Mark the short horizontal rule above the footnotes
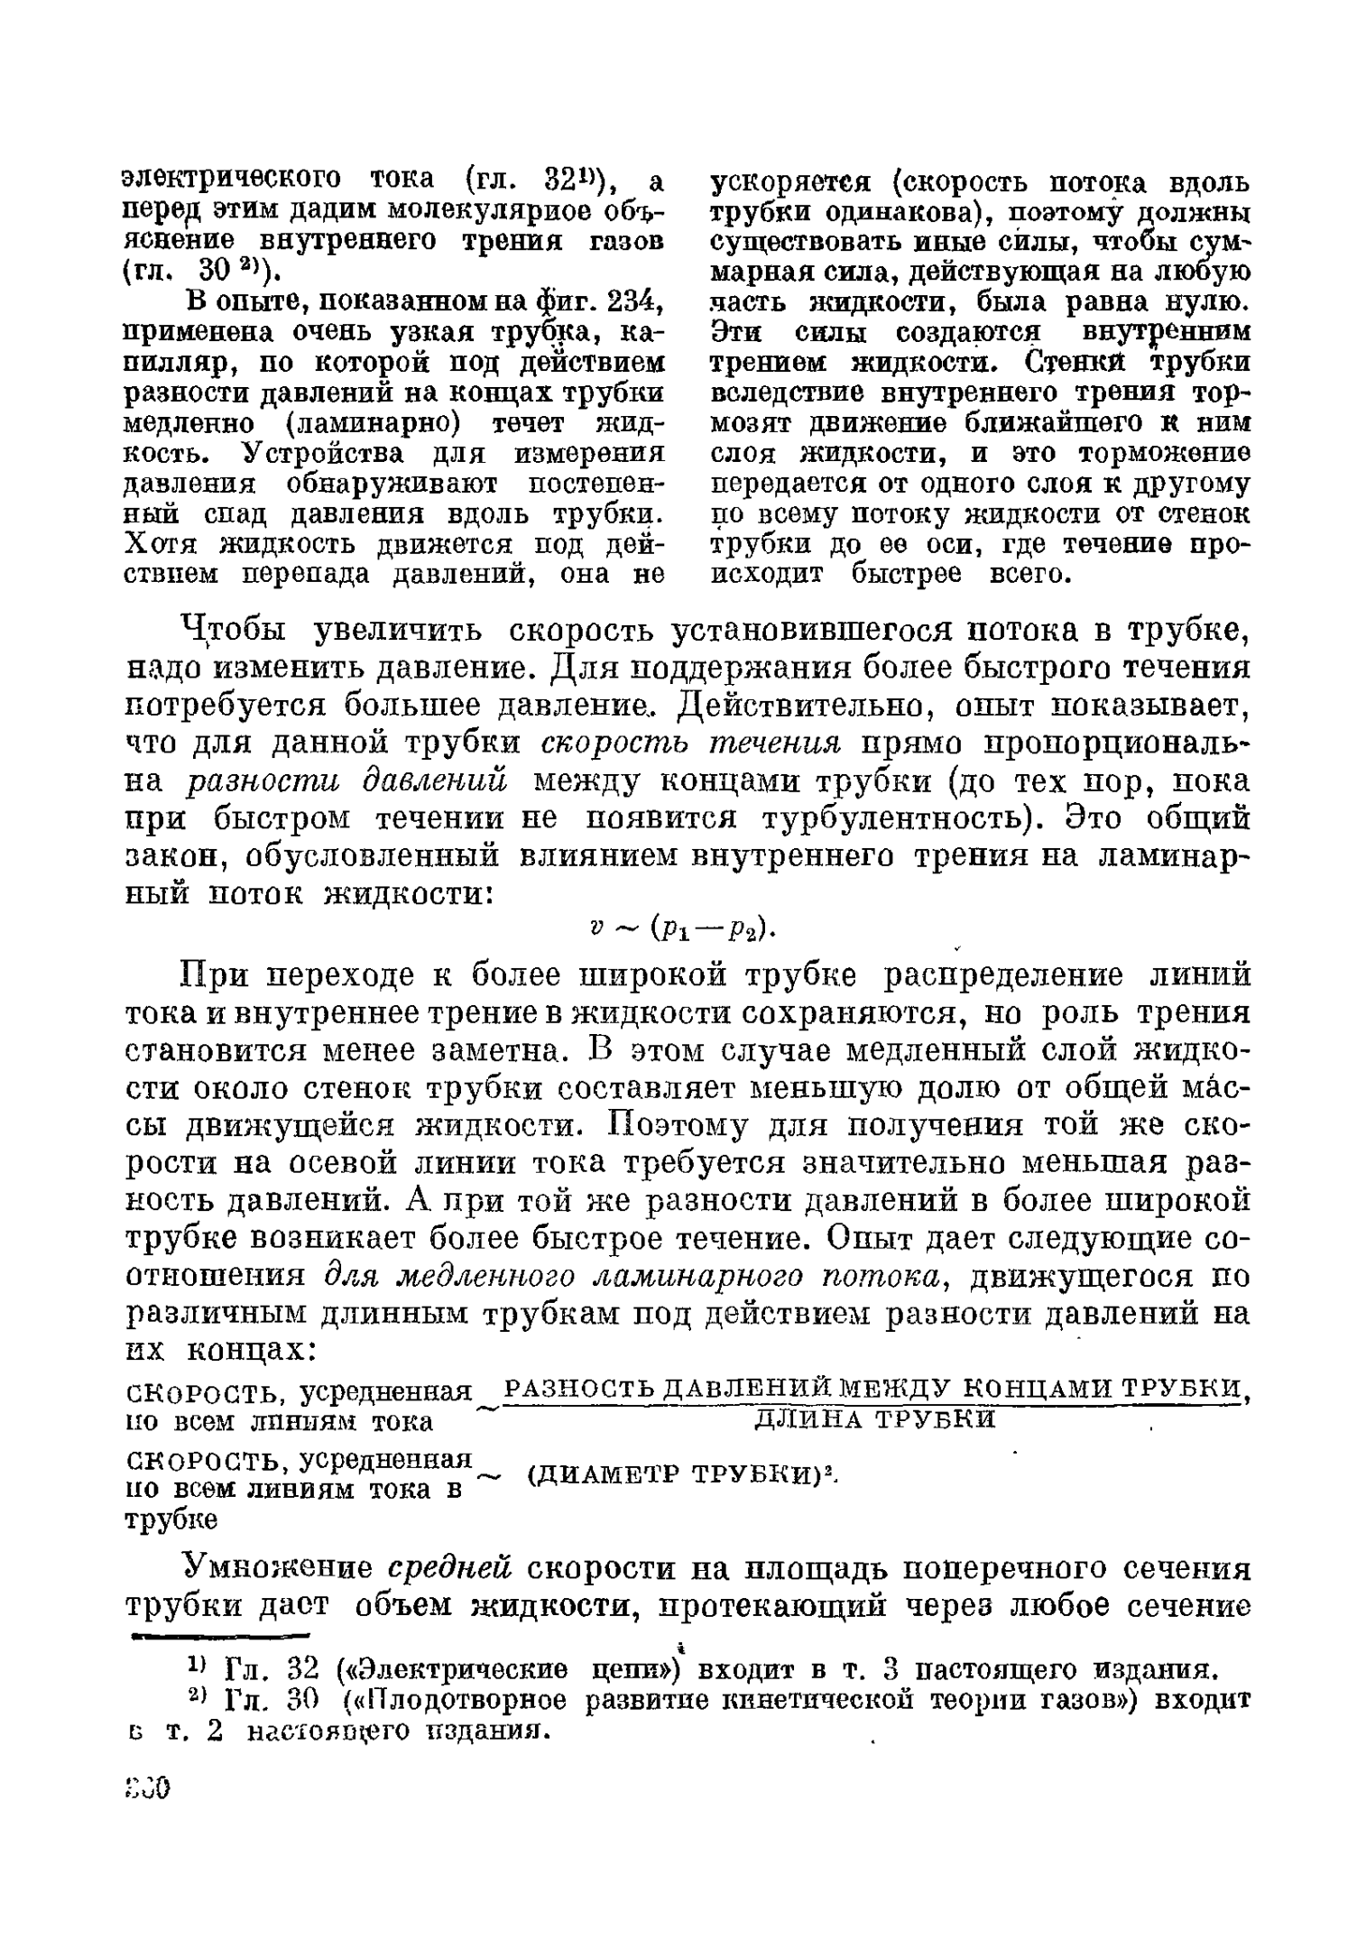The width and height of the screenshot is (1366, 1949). click(x=220, y=1632)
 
